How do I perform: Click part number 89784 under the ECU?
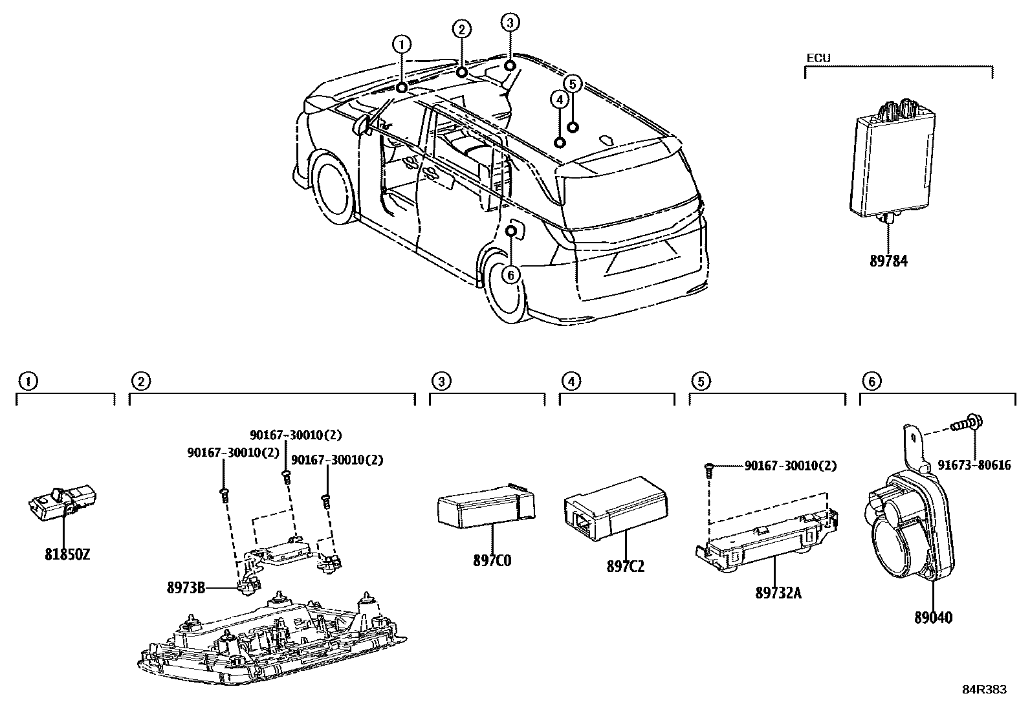(888, 261)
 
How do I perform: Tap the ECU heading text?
(818, 58)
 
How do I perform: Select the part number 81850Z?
(67, 554)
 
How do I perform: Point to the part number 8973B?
(186, 587)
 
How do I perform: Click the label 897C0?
(492, 560)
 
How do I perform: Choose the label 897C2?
(625, 567)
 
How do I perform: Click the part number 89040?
(933, 617)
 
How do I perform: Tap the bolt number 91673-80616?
(975, 465)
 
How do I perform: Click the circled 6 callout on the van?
(510, 276)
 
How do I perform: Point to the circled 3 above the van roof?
(510, 23)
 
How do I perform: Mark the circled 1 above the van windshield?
(402, 45)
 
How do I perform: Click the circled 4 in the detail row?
(571, 382)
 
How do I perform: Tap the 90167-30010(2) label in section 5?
(790, 465)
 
